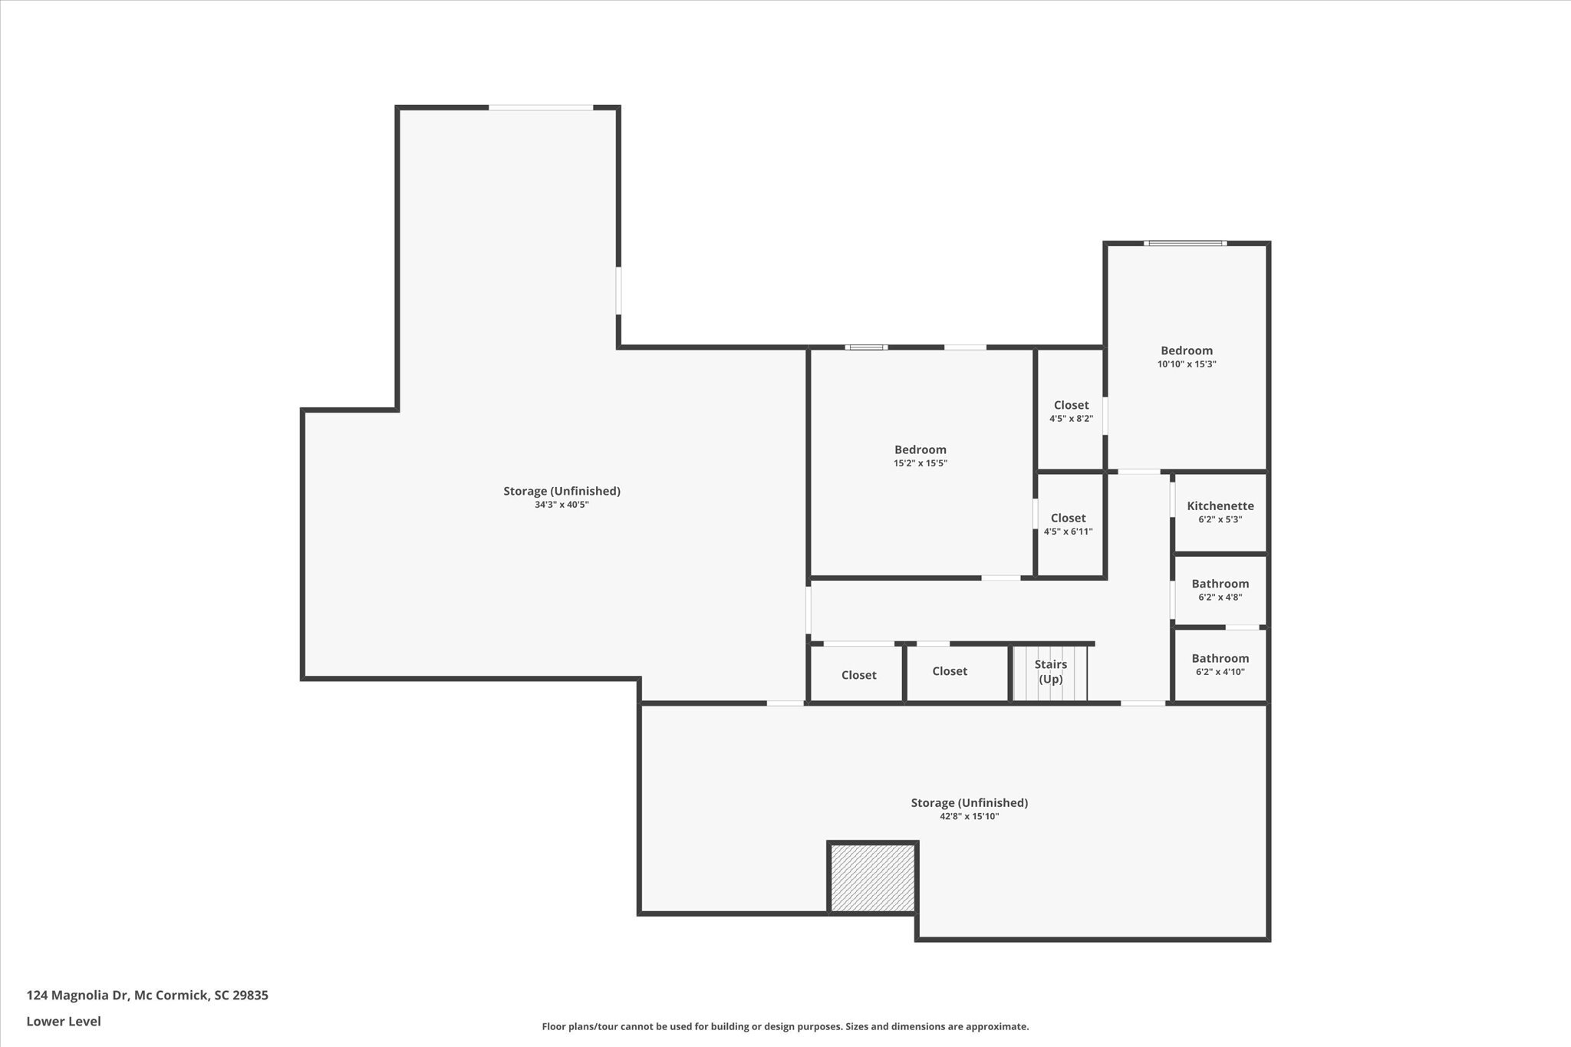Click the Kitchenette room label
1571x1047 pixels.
pyautogui.click(x=1220, y=505)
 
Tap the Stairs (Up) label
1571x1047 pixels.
pyautogui.click(x=1050, y=671)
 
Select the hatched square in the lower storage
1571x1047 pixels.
pyautogui.click(x=872, y=877)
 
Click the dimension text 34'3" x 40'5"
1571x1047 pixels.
pyautogui.click(x=562, y=505)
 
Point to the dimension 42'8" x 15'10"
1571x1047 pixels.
pyautogui.click(x=969, y=816)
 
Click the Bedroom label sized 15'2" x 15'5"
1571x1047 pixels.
pyautogui.click(x=920, y=449)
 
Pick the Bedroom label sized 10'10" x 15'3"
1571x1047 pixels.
pyautogui.click(x=1186, y=351)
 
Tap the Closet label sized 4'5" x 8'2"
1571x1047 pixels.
pyautogui.click(x=1071, y=405)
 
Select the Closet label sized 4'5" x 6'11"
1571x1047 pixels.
pyautogui.click(x=1068, y=518)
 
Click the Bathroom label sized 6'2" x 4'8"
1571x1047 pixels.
pyautogui.click(x=1220, y=584)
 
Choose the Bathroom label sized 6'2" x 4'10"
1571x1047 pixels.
pyautogui.click(x=1220, y=658)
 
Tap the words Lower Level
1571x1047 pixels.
pyautogui.click(x=64, y=1021)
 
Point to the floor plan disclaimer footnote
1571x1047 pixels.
pyautogui.click(x=785, y=1026)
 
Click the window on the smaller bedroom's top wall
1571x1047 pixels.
pyautogui.click(x=1184, y=243)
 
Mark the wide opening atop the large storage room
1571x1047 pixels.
pyautogui.click(x=541, y=107)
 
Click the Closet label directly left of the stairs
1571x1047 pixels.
pyautogui.click(x=949, y=671)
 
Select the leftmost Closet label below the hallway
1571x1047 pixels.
pyautogui.click(x=858, y=675)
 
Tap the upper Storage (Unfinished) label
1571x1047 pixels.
pyautogui.click(x=562, y=491)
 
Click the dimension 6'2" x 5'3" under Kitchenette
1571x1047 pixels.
pyautogui.click(x=1220, y=519)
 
